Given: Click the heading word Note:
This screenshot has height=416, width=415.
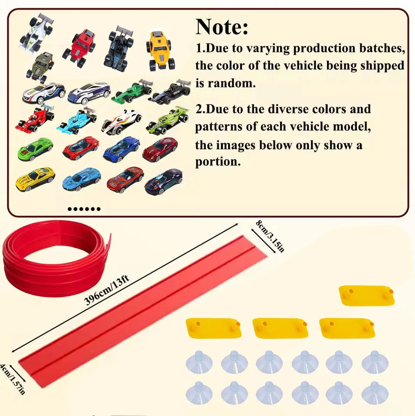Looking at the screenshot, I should click(x=222, y=27).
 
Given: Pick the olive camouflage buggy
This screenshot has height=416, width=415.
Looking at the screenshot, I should click(x=40, y=66).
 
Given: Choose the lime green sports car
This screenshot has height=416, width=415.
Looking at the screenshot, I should click(x=35, y=148).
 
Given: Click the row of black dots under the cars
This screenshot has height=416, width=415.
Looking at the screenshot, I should click(x=84, y=209).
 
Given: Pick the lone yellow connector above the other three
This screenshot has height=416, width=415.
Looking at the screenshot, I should click(x=367, y=295).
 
